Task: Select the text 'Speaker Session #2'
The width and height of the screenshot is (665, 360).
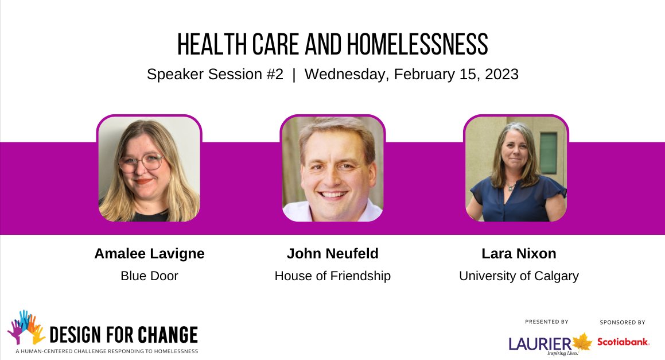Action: pyautogui.click(x=215, y=75)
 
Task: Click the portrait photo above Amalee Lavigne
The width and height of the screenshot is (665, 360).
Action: pyautogui.click(x=149, y=168)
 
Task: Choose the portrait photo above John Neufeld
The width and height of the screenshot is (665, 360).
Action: pyautogui.click(x=333, y=168)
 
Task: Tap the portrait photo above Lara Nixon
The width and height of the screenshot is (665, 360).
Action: pyautogui.click(x=516, y=168)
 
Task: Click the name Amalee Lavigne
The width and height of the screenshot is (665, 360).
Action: pyautogui.click(x=149, y=254)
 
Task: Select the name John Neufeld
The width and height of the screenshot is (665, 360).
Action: pyautogui.click(x=333, y=254)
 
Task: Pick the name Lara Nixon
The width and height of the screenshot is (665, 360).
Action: pyautogui.click(x=519, y=254)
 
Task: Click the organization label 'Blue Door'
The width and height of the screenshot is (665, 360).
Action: pyautogui.click(x=149, y=276)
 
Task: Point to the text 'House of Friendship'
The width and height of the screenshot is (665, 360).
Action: pyautogui.click(x=333, y=276)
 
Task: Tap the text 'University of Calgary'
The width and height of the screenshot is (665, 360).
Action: pyautogui.click(x=519, y=276)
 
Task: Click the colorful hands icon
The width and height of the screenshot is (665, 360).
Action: pyautogui.click(x=26, y=327)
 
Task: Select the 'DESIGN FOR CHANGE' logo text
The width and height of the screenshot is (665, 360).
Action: pyautogui.click(x=123, y=335)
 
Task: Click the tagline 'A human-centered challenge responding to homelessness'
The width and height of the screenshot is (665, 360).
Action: pyautogui.click(x=107, y=351)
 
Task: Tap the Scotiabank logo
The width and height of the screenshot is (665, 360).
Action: pyautogui.click(x=623, y=342)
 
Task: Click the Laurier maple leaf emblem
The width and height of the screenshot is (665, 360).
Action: pyautogui.click(x=582, y=342)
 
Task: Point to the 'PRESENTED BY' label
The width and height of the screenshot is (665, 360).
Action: pyautogui.click(x=547, y=322)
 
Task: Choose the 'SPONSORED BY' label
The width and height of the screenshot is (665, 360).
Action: pyautogui.click(x=623, y=323)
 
